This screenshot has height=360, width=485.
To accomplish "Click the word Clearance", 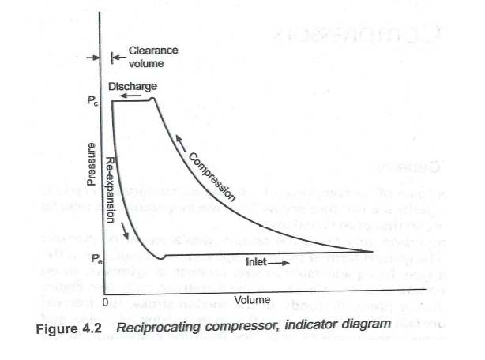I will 152,50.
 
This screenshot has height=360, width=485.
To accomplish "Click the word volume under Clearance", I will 145,62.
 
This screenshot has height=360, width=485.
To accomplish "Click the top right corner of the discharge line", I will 153,99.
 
